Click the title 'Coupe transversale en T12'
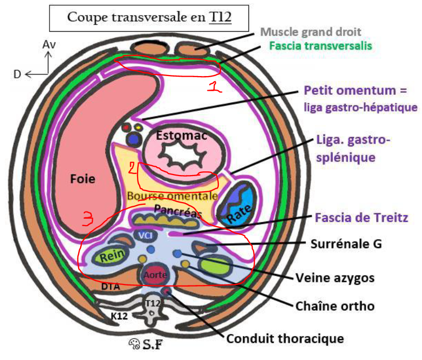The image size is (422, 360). (x=148, y=17)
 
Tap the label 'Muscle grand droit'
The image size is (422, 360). (x=318, y=32)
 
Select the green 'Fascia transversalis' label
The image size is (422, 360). (x=320, y=45)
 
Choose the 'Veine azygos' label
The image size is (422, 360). (x=334, y=278)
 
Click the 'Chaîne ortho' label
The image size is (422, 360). (x=334, y=306)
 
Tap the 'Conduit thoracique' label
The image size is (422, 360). (x=285, y=339)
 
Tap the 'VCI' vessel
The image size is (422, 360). (x=144, y=235)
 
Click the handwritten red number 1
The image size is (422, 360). (x=213, y=88)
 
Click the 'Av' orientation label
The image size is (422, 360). (x=48, y=45)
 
